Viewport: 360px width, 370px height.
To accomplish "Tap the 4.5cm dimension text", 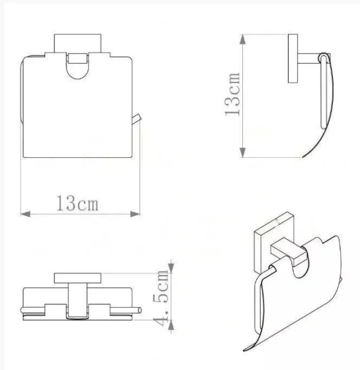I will click(x=162, y=296).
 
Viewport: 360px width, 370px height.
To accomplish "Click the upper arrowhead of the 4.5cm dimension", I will click(x=172, y=267).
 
